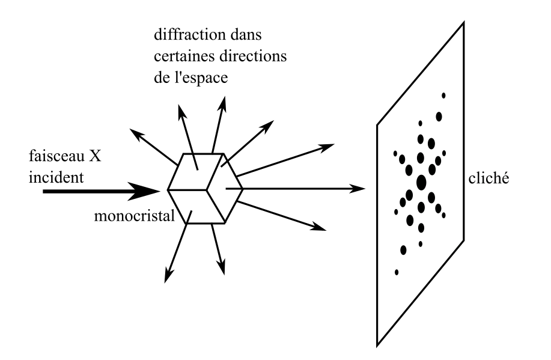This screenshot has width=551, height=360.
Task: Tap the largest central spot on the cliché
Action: click(x=421, y=182)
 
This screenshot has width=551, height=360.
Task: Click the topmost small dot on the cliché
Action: click(x=443, y=96)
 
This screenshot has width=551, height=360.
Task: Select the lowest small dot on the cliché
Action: click(x=397, y=272)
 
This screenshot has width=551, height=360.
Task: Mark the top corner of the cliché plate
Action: click(x=463, y=23)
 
